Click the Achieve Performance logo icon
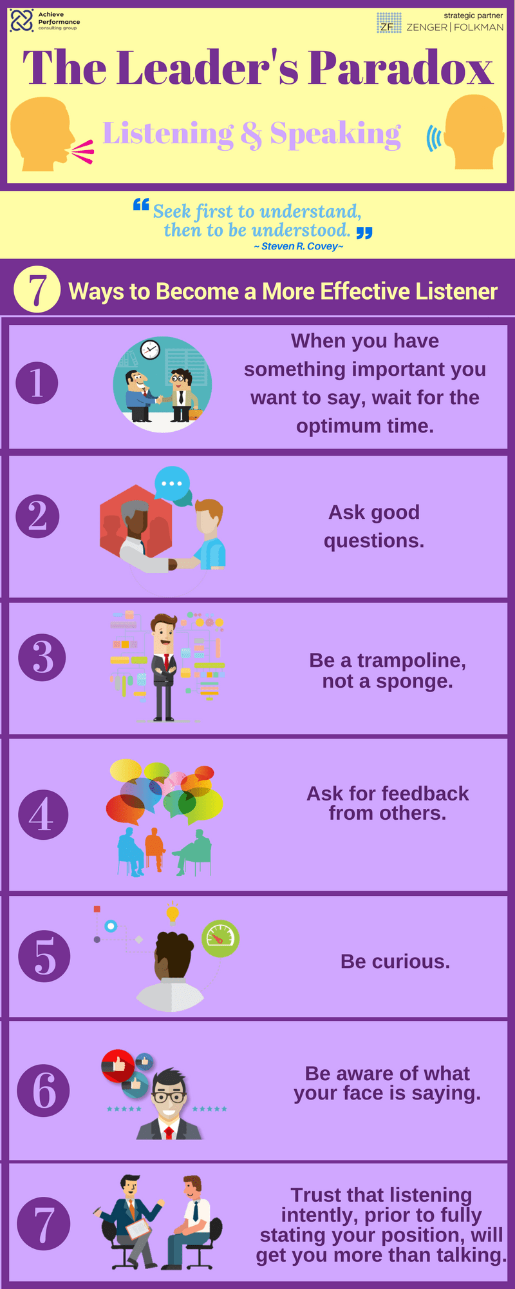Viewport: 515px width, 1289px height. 22,21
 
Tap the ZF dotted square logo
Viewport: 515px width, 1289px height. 388,23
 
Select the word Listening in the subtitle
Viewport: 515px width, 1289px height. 168,135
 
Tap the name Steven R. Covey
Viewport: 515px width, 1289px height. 299,246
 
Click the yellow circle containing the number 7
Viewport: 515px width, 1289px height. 37,291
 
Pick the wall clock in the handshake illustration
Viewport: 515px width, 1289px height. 150,349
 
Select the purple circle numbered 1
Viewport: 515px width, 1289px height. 37,383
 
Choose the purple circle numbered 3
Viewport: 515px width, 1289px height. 42,657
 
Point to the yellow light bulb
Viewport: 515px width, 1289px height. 173,913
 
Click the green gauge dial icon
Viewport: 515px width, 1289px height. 221,938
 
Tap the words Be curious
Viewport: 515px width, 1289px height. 395,962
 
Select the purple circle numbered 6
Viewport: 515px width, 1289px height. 43,1090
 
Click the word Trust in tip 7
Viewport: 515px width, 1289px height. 316,1195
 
